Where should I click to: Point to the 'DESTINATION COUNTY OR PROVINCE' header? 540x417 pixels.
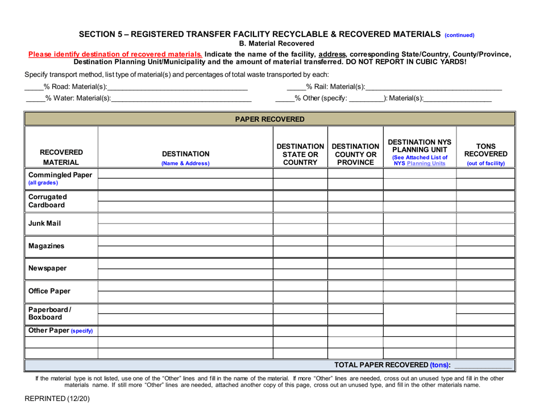356,153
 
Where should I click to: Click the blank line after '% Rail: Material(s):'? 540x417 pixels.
433,87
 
